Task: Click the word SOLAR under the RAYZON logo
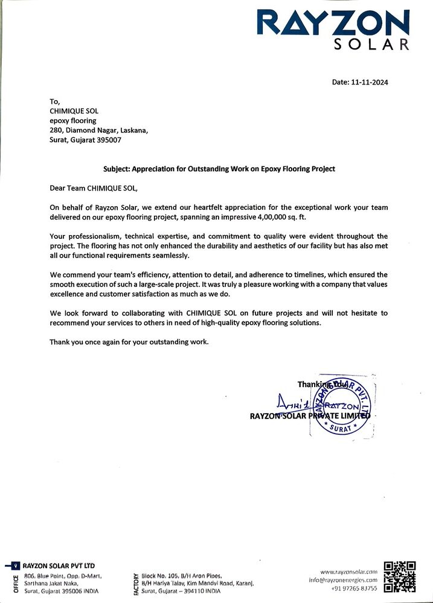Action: coord(372,45)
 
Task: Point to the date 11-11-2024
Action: coord(368,83)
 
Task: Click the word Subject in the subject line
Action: coord(114,169)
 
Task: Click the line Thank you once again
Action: coord(129,342)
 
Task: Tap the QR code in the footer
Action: coord(400,577)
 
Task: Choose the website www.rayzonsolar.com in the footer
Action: coord(348,571)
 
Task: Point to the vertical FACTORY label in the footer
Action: coord(136,583)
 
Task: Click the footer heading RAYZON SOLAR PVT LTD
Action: coord(59,566)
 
